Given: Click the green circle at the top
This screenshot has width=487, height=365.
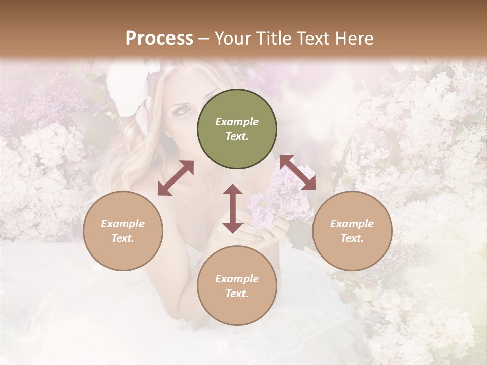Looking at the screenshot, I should point(237,129).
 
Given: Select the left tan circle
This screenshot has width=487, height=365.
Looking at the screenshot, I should point(123,231).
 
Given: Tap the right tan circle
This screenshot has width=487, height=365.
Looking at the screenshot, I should point(352,231).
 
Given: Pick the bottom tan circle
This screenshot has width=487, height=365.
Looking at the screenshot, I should point(237,286).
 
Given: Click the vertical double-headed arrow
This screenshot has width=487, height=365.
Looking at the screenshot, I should point(233,208).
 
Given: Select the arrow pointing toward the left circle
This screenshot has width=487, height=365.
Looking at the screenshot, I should point(176,178).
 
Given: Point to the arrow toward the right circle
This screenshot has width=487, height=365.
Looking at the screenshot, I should point(297,172).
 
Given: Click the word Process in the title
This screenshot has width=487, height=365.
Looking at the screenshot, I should point(159,38).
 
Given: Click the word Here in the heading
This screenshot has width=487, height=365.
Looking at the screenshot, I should point(355,38).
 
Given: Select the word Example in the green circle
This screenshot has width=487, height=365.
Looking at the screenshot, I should point(237,122).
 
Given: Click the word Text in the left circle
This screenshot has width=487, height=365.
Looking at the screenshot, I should point(123,238).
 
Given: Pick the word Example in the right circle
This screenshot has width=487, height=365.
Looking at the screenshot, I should point(352,224).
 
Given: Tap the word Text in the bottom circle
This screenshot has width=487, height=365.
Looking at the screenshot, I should point(237,294).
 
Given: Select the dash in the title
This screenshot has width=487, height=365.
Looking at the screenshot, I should point(203,39).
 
